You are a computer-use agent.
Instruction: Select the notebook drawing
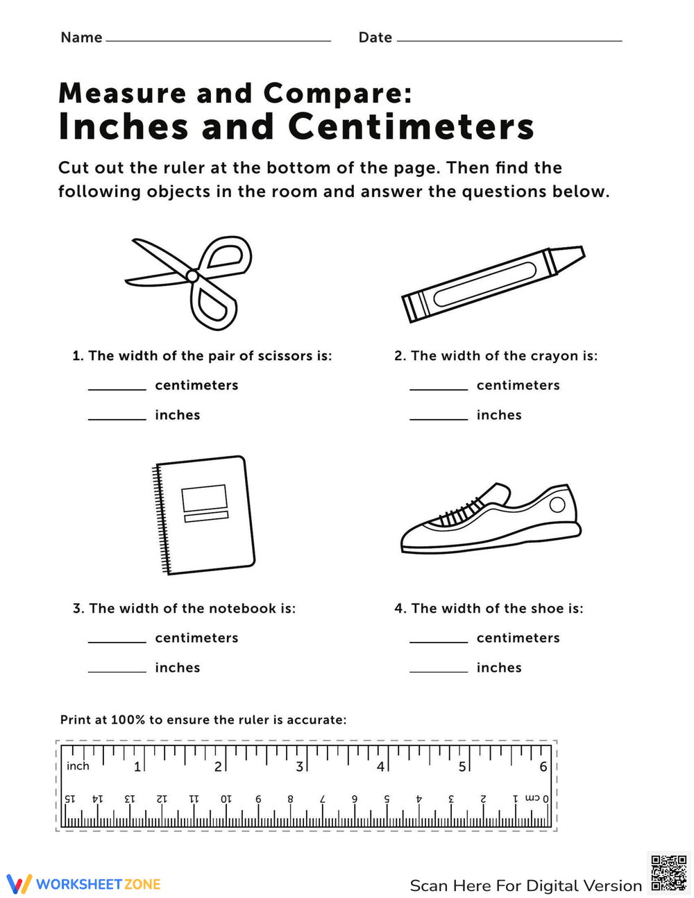pyautogui.click(x=203, y=515)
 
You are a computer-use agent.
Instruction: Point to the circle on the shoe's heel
pyautogui.click(x=557, y=505)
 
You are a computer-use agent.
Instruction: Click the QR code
pyautogui.click(x=668, y=872)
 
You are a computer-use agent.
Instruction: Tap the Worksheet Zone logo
pyautogui.click(x=83, y=884)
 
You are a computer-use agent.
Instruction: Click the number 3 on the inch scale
pyautogui.click(x=299, y=767)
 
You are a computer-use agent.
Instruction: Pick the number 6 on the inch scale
pyautogui.click(x=543, y=767)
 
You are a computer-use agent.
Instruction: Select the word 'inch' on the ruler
pyautogui.click(x=78, y=766)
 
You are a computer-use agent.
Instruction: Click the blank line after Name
pyautogui.click(x=218, y=40)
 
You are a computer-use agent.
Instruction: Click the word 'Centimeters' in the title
pyautogui.click(x=411, y=127)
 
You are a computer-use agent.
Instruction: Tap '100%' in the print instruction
pyautogui.click(x=127, y=720)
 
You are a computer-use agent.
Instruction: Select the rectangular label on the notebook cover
pyautogui.click(x=204, y=498)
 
